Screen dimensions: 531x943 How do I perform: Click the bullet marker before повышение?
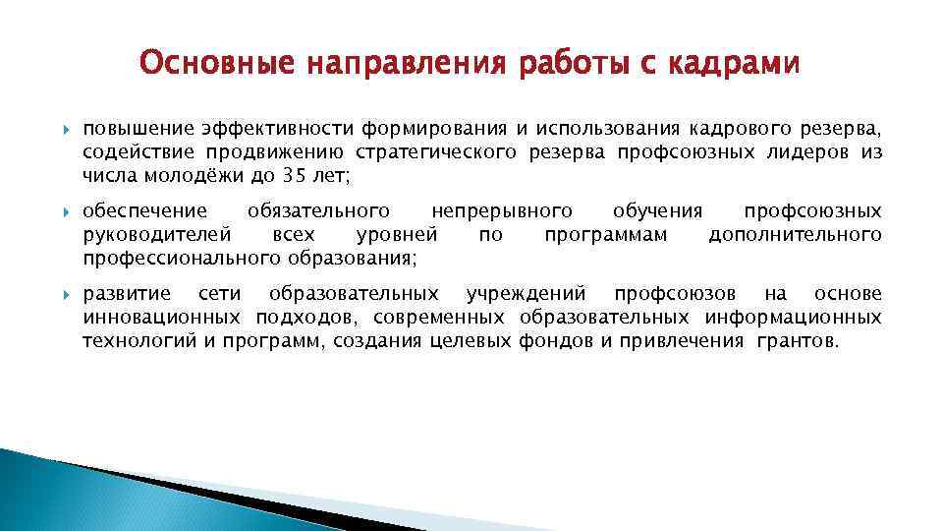[65, 129]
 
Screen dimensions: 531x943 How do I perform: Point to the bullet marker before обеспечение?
[65, 211]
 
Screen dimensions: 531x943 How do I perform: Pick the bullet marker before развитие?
[65, 295]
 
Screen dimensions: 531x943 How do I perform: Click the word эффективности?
[278, 129]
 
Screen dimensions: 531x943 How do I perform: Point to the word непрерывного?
[502, 211]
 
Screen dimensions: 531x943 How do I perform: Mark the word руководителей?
[157, 235]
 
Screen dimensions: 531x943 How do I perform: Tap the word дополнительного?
[795, 235]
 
